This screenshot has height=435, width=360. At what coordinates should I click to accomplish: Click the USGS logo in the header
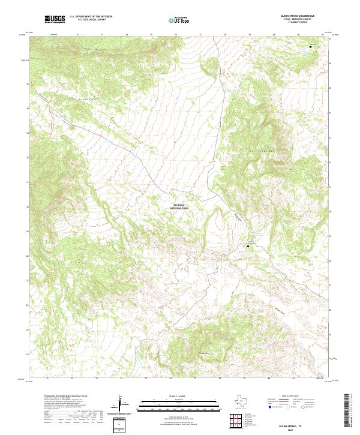tap(55, 19)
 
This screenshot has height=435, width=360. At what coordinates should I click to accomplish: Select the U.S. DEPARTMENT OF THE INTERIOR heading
tap(91, 17)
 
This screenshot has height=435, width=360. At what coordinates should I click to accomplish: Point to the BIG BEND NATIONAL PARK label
tap(180, 206)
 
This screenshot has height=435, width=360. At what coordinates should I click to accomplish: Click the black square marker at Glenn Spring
tap(248, 245)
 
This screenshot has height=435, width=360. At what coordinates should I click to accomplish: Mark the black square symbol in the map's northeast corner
tap(310, 46)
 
